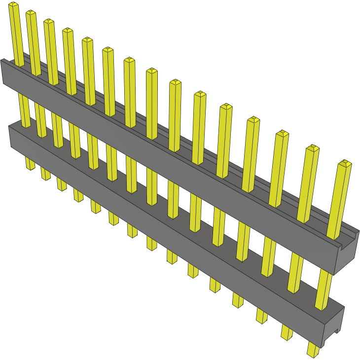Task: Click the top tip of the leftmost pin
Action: coord(14,5)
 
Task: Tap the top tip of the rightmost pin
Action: coord(345,163)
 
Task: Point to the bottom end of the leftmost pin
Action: coord(30,167)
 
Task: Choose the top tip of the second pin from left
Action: coord(31,13)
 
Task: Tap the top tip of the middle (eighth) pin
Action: coord(152,72)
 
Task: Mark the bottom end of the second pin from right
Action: coord(287,335)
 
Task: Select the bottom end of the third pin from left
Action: coord(62,187)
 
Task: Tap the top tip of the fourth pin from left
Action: coord(68,31)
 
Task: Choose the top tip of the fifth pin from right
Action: coord(226,107)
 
